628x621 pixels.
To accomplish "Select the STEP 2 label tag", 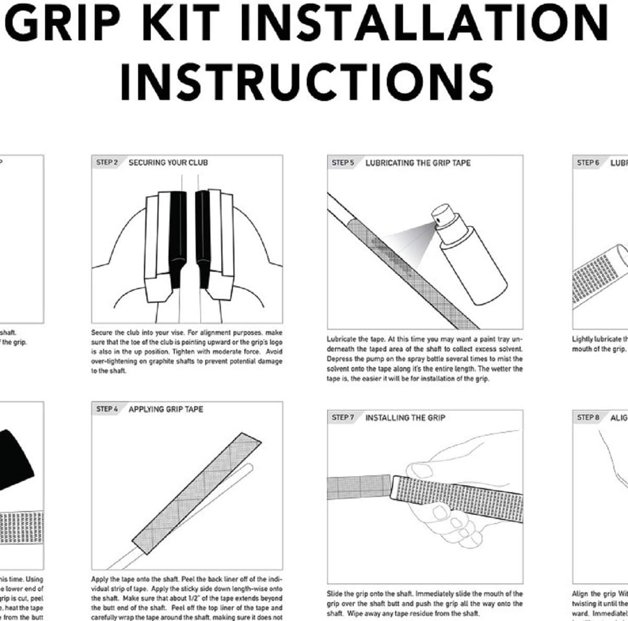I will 107,162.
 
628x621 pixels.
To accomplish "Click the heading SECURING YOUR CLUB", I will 168,162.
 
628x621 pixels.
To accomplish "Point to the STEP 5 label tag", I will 343,163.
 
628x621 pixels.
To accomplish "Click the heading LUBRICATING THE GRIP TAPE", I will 418,163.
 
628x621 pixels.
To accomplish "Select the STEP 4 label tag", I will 107,409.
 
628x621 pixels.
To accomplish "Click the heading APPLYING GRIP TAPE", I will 166,409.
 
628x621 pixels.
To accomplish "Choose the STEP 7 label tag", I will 343,417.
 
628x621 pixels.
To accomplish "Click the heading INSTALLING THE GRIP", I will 405,417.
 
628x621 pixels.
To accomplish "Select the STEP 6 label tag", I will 588,163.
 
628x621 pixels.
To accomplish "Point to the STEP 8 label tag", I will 588,417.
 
